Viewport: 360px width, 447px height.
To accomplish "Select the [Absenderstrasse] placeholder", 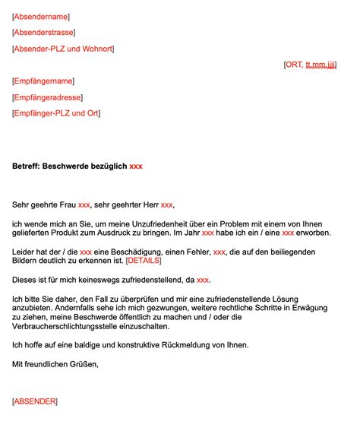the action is pyautogui.click(x=46, y=32).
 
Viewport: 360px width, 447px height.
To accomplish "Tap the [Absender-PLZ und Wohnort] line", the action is pyautogui.click(x=63, y=49).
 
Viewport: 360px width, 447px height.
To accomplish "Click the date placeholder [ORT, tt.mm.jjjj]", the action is pyautogui.click(x=310, y=65).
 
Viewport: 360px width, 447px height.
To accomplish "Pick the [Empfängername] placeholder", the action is pyautogui.click(x=44, y=81).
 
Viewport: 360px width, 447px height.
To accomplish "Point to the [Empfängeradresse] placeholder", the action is pyautogui.click(x=48, y=97).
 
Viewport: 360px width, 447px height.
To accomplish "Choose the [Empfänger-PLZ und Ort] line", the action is pyautogui.click(x=56, y=113).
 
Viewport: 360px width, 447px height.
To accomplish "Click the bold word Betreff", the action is pyautogui.click(x=26, y=166).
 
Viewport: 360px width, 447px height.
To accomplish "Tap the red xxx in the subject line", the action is pyautogui.click(x=136, y=166).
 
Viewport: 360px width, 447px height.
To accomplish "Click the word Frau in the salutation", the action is pyautogui.click(x=68, y=204).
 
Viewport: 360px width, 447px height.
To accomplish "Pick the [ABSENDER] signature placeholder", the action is pyautogui.click(x=35, y=401).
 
